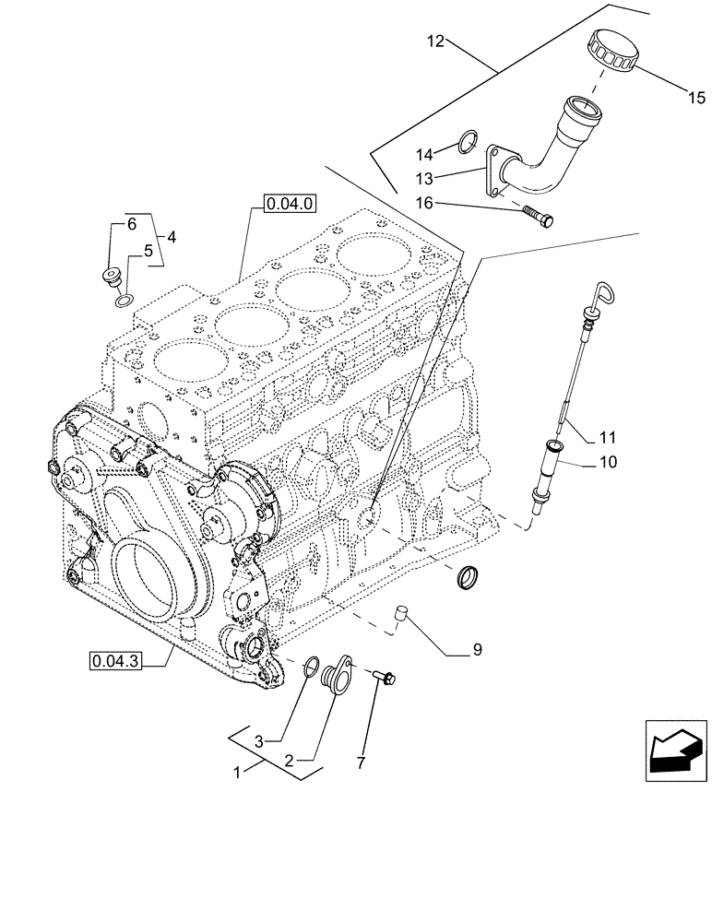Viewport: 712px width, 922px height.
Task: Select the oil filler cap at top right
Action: coord(611,50)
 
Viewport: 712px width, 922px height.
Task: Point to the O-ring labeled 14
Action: coord(469,143)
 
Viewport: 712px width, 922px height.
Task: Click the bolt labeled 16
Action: coord(538,219)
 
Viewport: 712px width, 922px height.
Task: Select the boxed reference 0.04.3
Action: coord(115,660)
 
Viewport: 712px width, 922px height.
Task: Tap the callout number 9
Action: coord(477,651)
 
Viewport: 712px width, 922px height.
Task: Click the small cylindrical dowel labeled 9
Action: coord(401,613)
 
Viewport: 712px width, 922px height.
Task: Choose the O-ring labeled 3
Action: coord(312,667)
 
